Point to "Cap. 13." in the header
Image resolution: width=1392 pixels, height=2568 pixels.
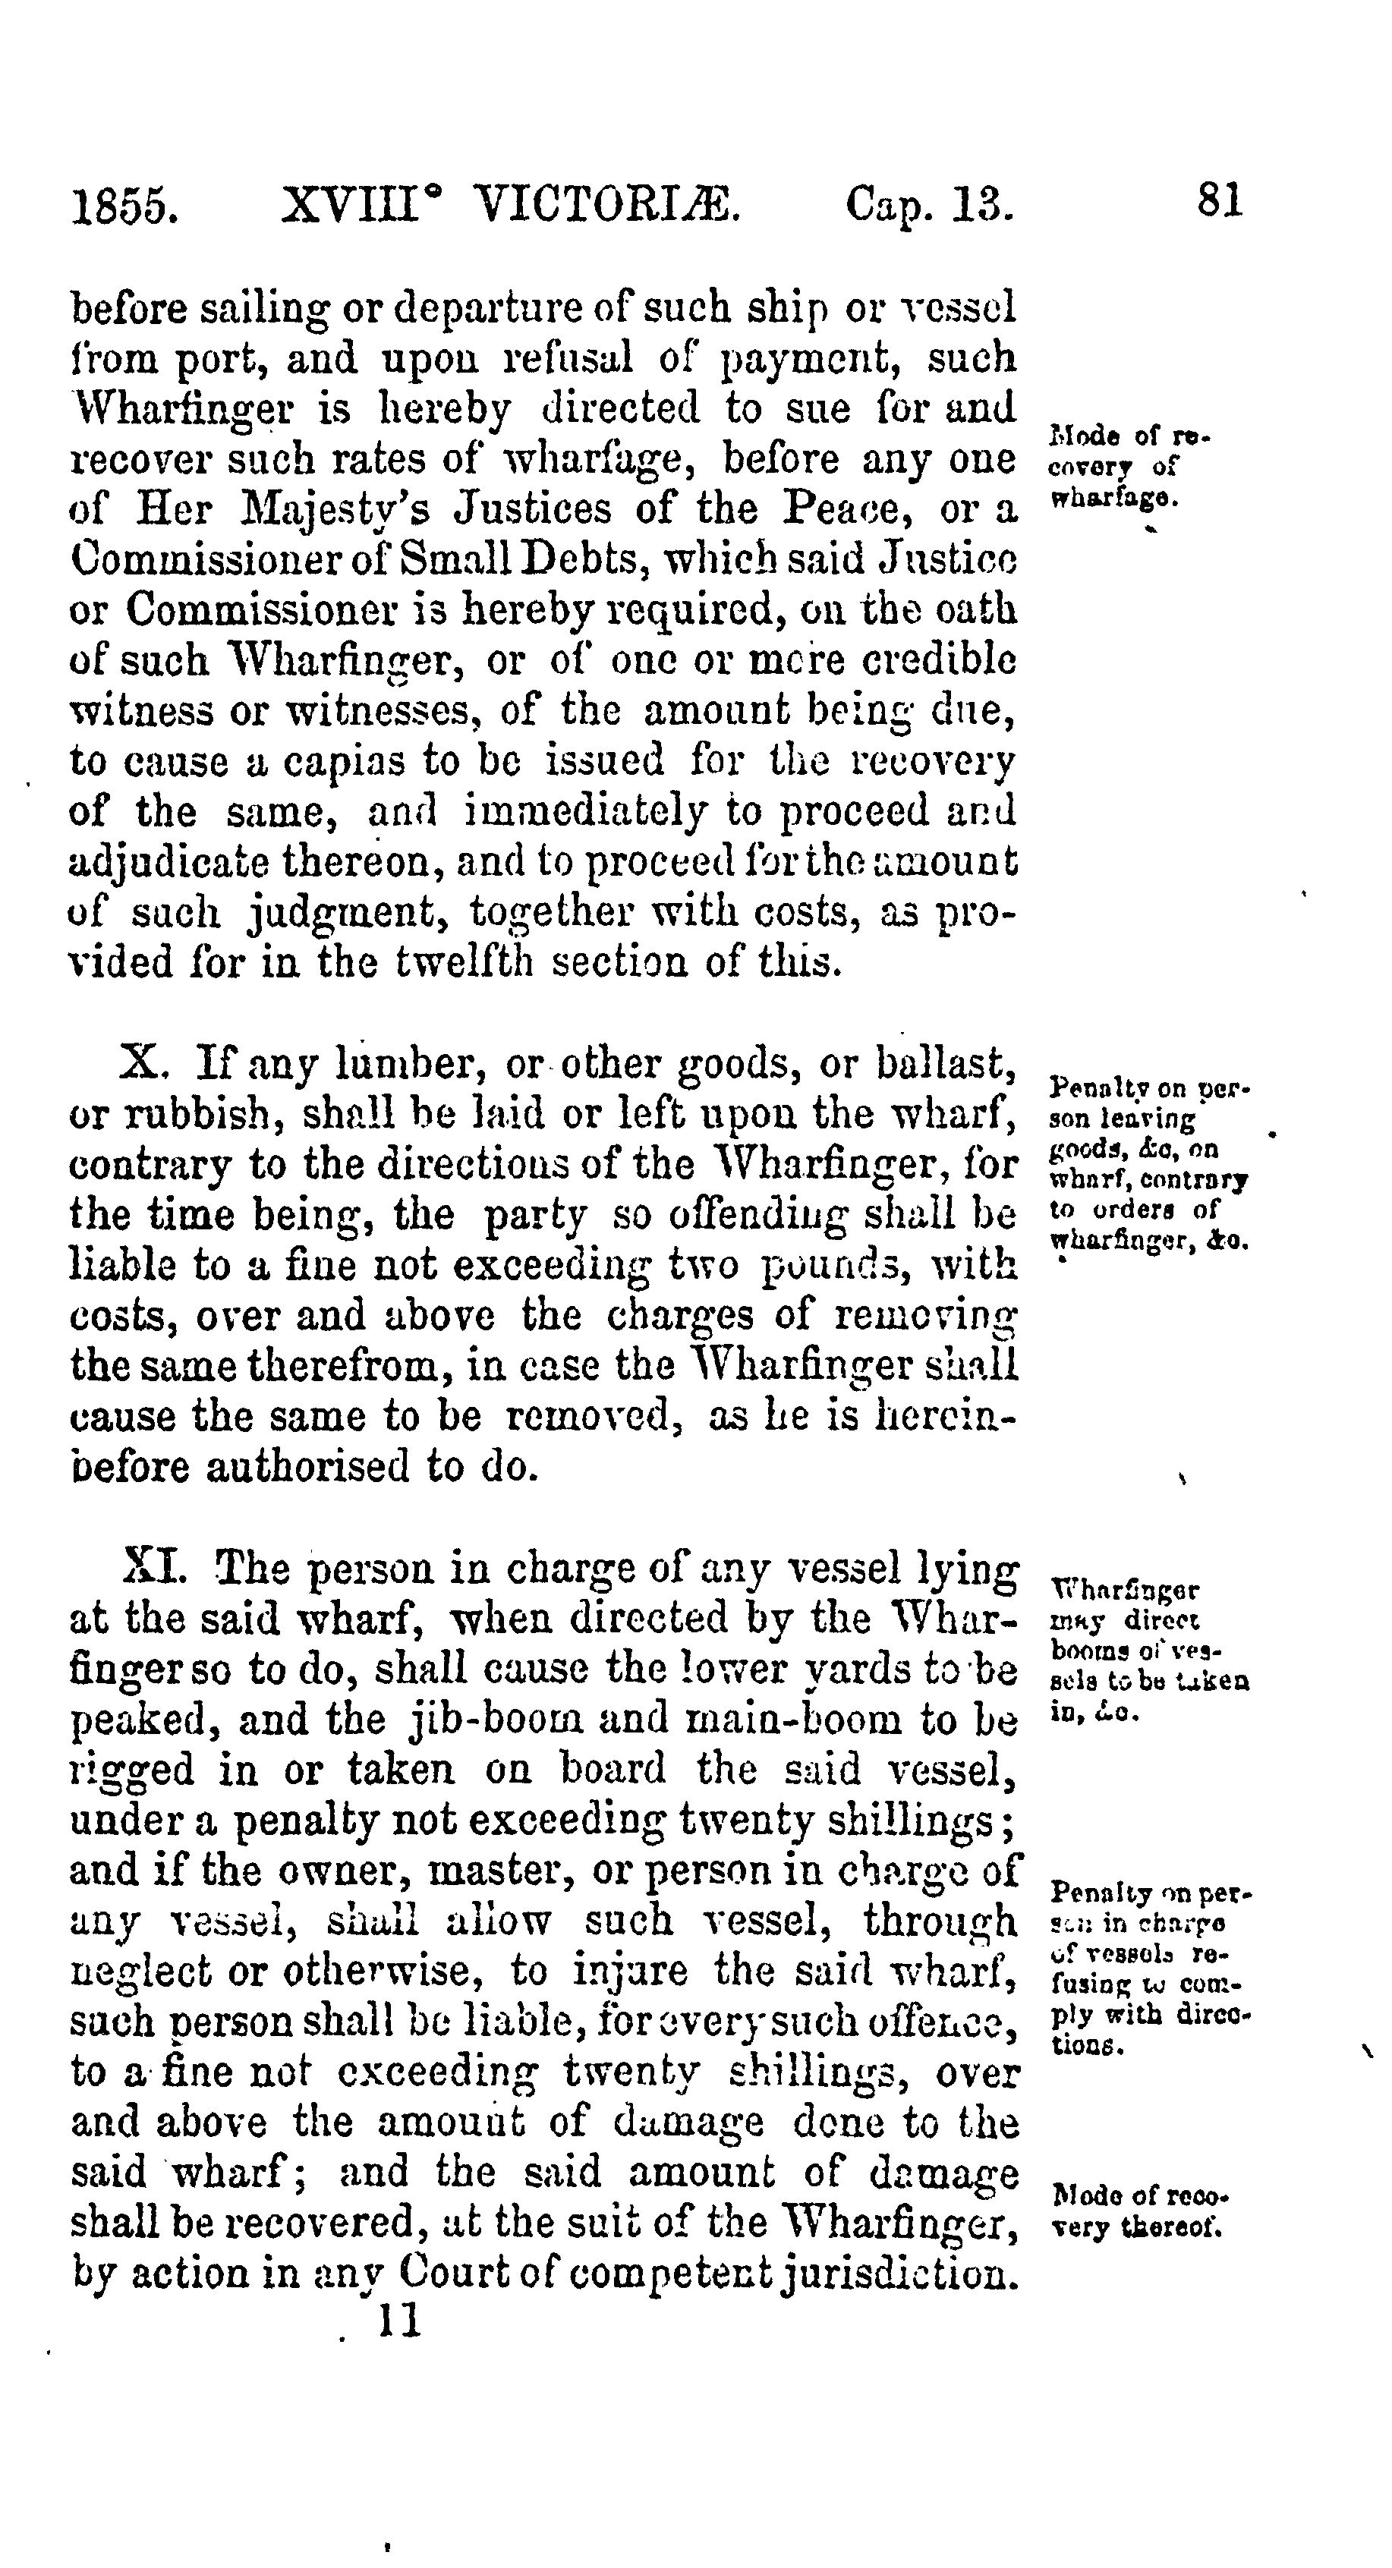click(929, 206)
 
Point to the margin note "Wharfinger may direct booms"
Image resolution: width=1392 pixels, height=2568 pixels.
click(1148, 1650)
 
